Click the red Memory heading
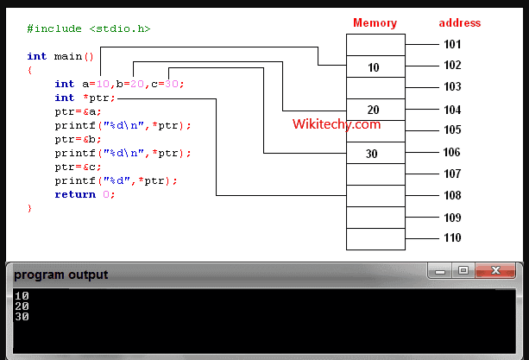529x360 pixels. pos(375,23)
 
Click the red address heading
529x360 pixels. pos(459,23)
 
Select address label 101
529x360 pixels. pos(452,44)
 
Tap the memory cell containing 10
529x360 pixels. pos(375,66)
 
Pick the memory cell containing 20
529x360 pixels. pos(375,110)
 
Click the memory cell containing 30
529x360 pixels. pos(375,153)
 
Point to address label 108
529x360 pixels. pos(452,196)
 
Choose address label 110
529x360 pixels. pos(452,238)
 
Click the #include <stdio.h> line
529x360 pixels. pos(89,28)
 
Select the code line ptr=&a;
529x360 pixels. pos(78,111)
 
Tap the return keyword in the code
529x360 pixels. pos(75,194)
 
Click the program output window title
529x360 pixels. pos(60,275)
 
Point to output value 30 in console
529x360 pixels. pos(22,317)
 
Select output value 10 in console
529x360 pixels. pos(22,296)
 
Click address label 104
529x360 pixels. pos(452,111)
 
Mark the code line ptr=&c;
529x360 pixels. pos(78,167)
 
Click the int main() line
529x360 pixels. pos(60,56)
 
